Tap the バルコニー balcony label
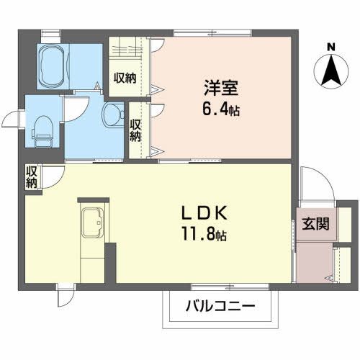[x=223, y=306]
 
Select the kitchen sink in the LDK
[x=92, y=222]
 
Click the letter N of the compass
[x=330, y=48]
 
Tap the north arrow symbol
[x=330, y=70]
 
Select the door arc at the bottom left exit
[x=66, y=295]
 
